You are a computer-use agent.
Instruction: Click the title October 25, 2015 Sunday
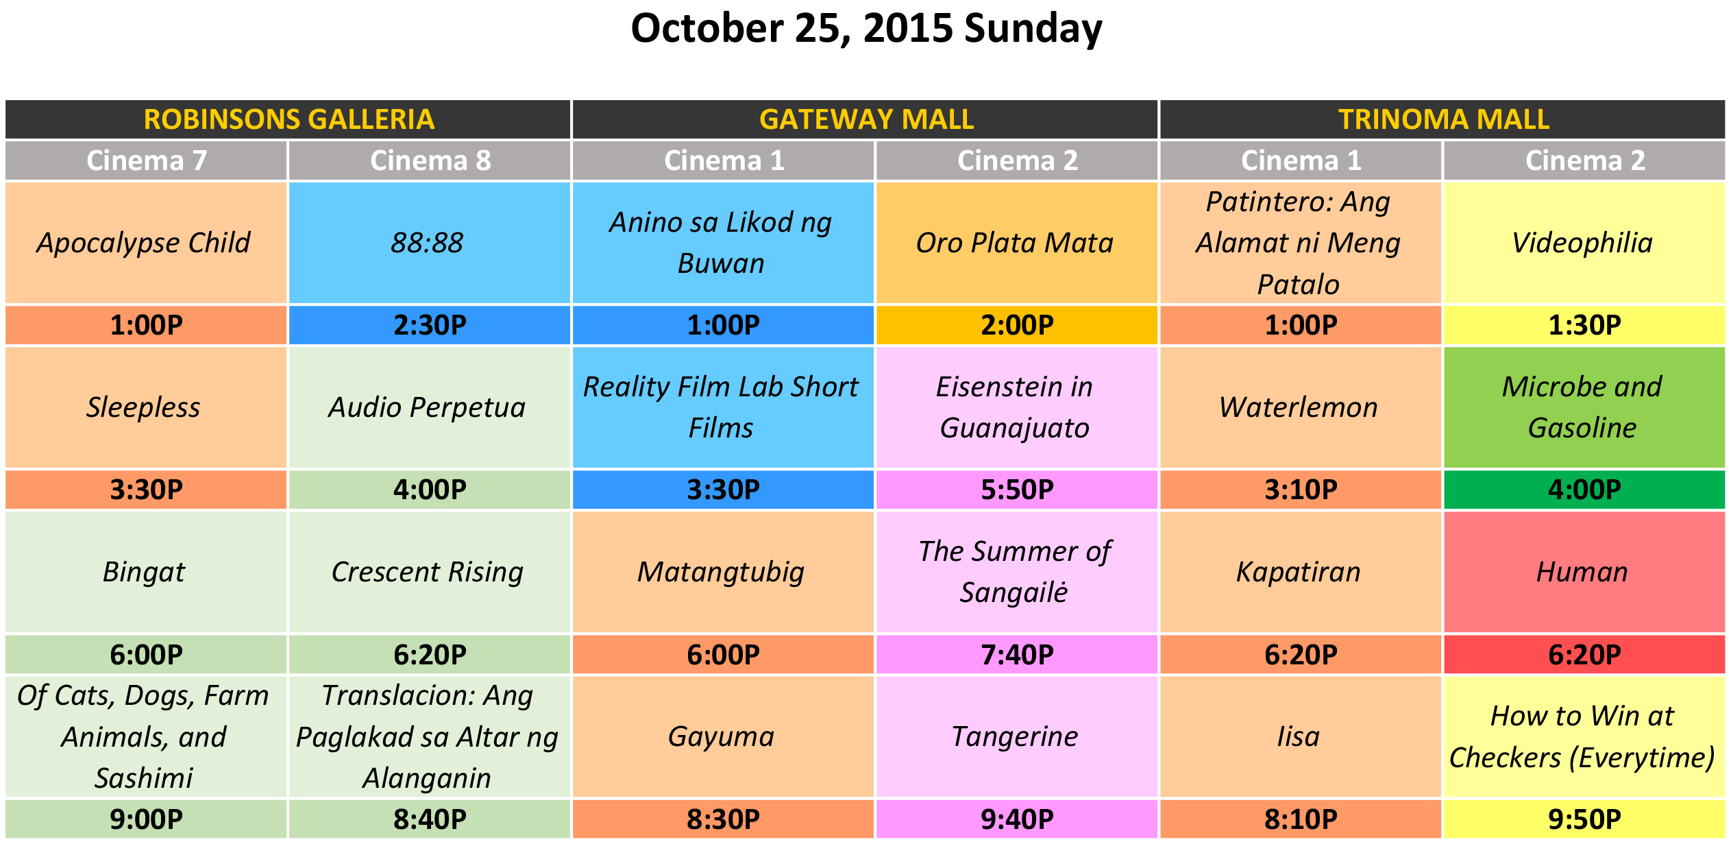(866, 29)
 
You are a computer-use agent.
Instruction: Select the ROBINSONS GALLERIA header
(288, 119)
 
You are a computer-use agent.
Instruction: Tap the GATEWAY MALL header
(865, 119)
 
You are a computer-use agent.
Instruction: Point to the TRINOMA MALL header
(1443, 119)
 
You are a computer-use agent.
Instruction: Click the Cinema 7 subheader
(146, 160)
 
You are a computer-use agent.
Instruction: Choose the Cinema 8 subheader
(430, 160)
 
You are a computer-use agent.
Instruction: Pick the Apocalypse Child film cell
(146, 243)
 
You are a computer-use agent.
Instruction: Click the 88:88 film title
(427, 243)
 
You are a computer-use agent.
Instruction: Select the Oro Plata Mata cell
(1016, 243)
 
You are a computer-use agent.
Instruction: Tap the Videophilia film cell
(1584, 243)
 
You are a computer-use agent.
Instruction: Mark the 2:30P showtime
(430, 325)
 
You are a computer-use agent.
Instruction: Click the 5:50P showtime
(1016, 490)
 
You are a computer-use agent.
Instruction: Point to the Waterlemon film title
(1298, 407)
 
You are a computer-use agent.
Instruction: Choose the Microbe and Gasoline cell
(1584, 407)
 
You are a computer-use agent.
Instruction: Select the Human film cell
(1584, 572)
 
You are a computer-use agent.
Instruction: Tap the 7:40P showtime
(1016, 655)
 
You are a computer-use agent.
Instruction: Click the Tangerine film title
(1015, 737)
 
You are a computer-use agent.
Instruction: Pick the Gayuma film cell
(723, 737)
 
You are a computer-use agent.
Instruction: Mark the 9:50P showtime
(1584, 819)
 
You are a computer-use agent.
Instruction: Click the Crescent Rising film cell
(430, 572)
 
